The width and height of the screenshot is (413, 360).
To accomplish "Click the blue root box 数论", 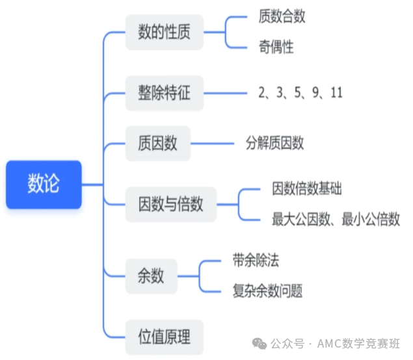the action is (44, 185).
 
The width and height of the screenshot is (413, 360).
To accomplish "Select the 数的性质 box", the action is (165, 32).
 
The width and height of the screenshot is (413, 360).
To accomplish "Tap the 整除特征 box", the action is (165, 93).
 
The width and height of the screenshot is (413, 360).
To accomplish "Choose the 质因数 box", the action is (158, 144).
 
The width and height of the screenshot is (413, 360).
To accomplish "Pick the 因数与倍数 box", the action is (171, 205).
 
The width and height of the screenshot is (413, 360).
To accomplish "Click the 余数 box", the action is (151, 276).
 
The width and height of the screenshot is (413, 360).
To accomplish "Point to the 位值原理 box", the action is (165, 337).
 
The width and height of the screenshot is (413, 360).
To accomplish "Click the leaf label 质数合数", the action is (282, 16).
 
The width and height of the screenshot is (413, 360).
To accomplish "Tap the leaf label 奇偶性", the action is (276, 47).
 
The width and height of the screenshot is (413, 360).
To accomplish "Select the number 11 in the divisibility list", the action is (337, 93).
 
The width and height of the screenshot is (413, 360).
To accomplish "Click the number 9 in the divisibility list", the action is (316, 93).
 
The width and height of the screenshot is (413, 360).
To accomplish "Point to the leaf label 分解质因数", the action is (274, 143).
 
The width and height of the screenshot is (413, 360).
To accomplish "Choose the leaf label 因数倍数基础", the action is (307, 188).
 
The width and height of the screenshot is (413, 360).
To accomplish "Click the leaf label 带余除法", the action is (256, 261).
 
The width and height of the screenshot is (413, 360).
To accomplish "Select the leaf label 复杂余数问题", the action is (267, 291).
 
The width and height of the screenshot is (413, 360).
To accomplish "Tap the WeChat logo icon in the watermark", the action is (260, 344).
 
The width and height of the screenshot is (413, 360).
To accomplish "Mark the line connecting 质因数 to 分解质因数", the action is (212, 144).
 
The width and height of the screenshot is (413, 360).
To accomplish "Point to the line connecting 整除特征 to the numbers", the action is (226, 93).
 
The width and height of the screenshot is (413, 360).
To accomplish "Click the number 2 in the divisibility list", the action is (262, 93).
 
